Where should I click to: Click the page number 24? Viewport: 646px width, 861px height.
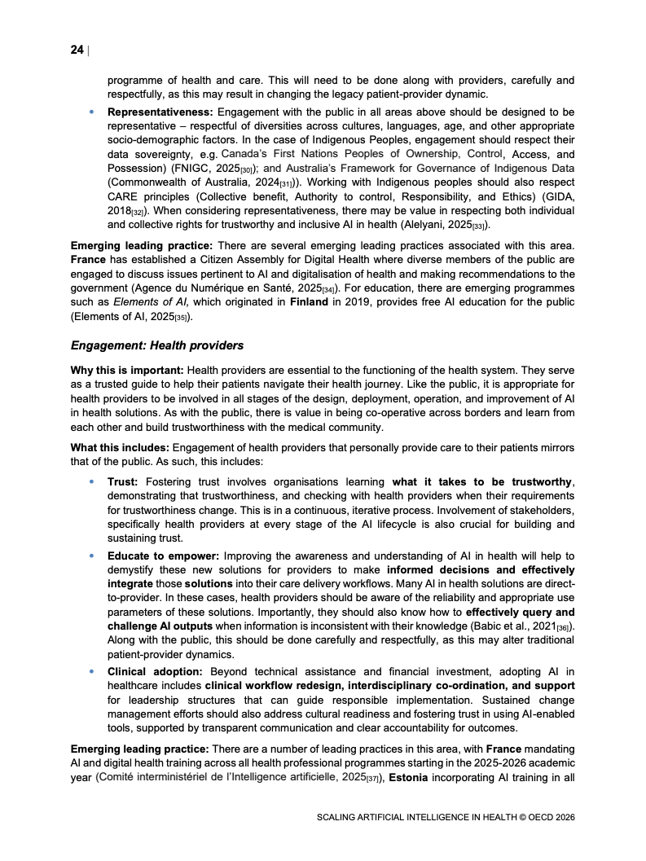pyautogui.click(x=77, y=50)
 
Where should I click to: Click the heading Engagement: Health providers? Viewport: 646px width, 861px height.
pyautogui.click(x=157, y=346)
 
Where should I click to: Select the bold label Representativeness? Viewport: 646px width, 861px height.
pyautogui.click(x=160, y=112)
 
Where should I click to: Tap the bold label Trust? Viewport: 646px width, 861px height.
pyautogui.click(x=123, y=482)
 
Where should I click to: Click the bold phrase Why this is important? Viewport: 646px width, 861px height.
pyautogui.click(x=121, y=371)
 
